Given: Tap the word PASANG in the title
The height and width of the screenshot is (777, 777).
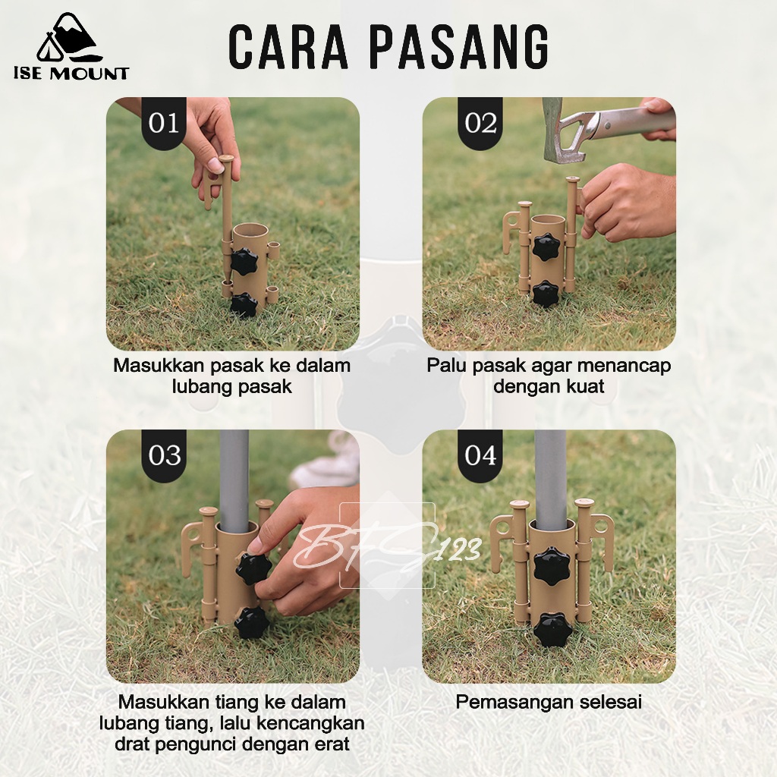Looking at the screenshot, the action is (x=459, y=47).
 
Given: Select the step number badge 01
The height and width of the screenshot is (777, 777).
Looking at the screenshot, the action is (x=164, y=123).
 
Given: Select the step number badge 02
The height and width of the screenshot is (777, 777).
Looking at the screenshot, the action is (x=480, y=123).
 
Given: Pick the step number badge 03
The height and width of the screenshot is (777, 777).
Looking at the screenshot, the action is (x=164, y=455).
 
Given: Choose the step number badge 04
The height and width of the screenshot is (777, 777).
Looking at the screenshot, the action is (x=480, y=455).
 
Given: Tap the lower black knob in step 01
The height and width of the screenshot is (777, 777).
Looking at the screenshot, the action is (x=244, y=305).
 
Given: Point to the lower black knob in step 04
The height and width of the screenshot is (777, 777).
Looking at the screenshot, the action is (x=552, y=629).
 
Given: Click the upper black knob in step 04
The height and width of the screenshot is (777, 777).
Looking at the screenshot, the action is (x=552, y=565).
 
